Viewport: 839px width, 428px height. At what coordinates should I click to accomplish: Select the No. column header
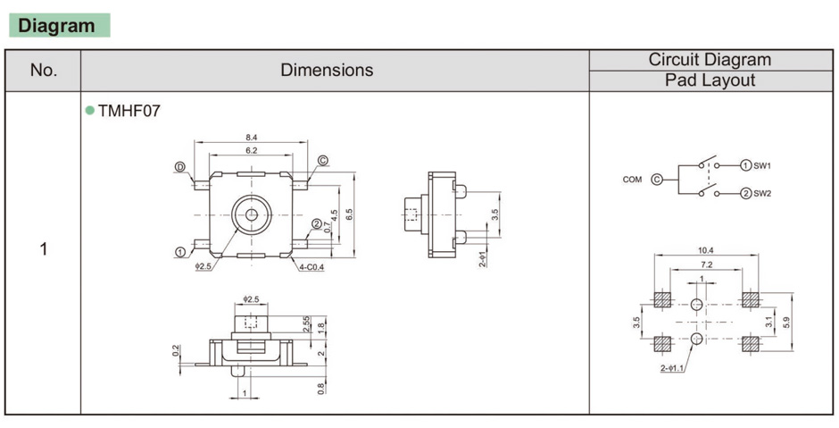click(43, 71)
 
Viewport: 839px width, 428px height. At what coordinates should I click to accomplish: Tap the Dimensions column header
click(327, 71)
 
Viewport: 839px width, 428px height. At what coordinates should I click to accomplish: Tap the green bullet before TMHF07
click(89, 112)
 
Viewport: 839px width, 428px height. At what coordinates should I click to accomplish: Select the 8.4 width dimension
click(252, 137)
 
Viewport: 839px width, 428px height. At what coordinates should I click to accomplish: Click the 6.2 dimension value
click(252, 151)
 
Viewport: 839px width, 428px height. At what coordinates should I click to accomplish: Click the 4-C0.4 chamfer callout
click(312, 266)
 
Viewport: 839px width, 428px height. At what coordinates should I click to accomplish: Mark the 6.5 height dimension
click(349, 214)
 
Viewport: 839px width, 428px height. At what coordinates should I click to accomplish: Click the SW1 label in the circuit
click(762, 165)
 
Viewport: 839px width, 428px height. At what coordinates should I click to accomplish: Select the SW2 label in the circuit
click(762, 193)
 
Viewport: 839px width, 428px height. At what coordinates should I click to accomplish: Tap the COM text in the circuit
click(632, 180)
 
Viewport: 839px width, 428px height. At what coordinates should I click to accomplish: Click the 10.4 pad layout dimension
click(705, 250)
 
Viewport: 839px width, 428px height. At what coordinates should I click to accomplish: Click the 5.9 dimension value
click(785, 322)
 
